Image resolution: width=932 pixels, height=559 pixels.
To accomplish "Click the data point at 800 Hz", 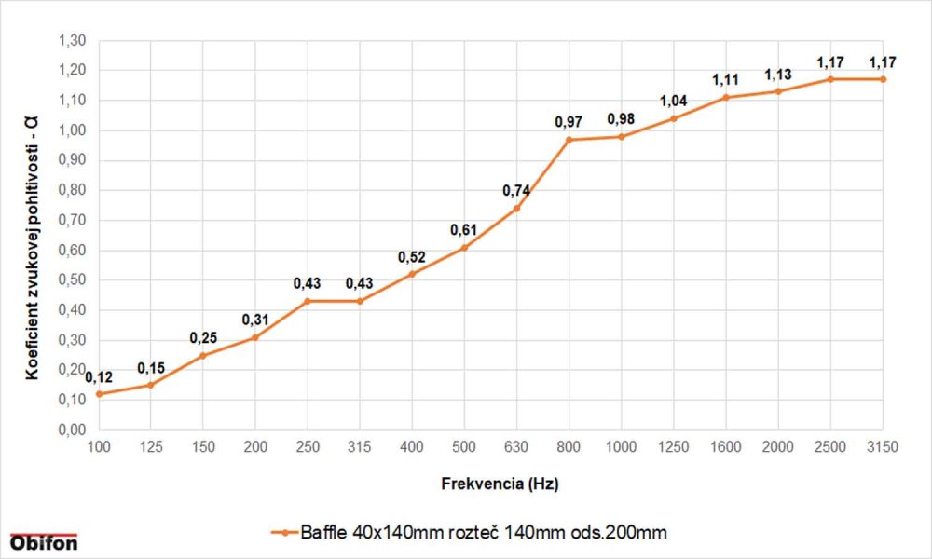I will [569, 140].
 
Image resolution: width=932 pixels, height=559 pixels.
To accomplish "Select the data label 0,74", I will [516, 191].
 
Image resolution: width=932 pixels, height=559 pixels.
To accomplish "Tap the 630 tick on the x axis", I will [516, 448].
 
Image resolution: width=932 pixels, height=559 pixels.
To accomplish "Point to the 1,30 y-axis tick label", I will [72, 41].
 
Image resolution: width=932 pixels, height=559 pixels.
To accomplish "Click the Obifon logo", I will [44, 542].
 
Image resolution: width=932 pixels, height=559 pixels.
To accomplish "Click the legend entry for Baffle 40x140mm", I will [471, 533].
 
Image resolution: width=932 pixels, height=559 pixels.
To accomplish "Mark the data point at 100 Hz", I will [99, 394].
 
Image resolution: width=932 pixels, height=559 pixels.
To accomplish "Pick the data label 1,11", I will [726, 80].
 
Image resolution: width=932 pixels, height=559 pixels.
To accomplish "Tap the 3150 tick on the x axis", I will [883, 448].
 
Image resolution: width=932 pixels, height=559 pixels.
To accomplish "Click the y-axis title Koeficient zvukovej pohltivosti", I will [33, 238].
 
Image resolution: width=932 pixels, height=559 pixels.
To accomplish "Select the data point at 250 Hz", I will [308, 301].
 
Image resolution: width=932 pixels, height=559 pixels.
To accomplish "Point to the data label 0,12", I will [99, 377].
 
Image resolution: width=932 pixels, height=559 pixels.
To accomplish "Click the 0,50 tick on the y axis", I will [72, 280].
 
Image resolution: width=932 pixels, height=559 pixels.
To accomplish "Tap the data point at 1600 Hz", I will [726, 97].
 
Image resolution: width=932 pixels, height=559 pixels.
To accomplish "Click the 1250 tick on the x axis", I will [673, 448].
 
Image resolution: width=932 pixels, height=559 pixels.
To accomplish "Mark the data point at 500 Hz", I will [464, 247].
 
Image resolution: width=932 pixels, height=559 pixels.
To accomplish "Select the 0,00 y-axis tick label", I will [72, 430].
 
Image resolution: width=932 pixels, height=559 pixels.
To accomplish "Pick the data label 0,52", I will [412, 257].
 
